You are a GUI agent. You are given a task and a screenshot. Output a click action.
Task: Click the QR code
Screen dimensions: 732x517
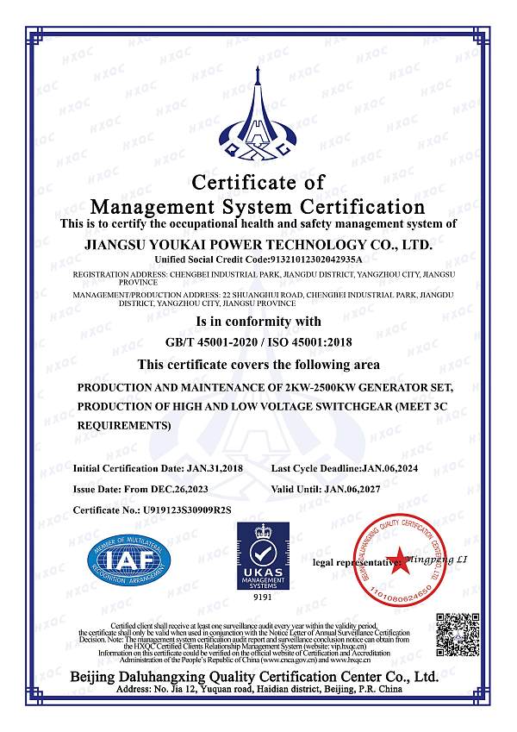click(457, 636)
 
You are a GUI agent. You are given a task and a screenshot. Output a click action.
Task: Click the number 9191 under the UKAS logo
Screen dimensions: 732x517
click(258, 597)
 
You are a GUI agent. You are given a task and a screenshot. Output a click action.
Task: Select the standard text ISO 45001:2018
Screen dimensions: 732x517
click(302, 342)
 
